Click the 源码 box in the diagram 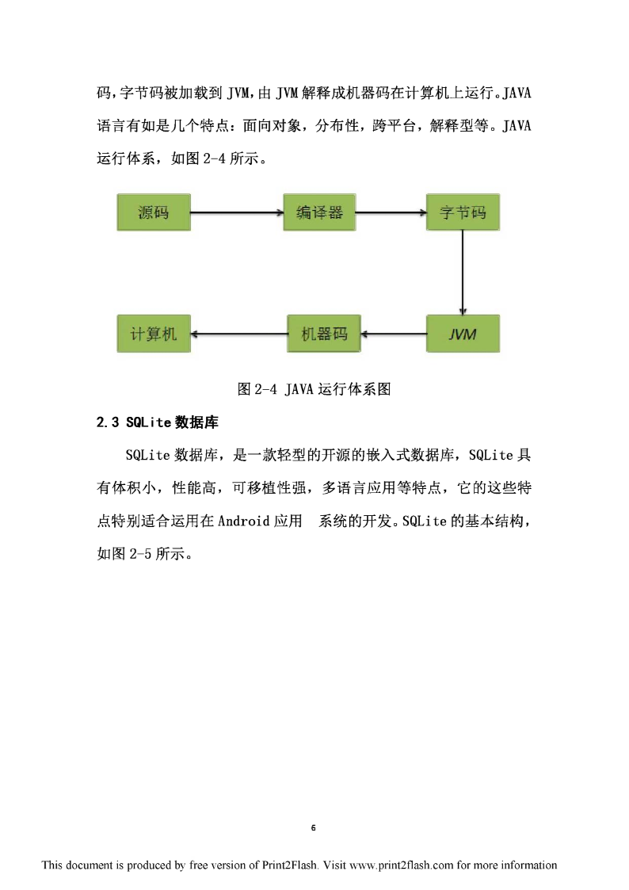coord(154,212)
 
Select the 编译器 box coord(319,212)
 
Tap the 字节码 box coord(463,212)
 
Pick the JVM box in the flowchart coord(463,334)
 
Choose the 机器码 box coord(324,334)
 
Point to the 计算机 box coord(154,334)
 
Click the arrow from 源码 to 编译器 coord(237,212)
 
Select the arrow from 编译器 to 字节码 coord(391,212)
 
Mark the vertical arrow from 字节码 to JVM coord(463,273)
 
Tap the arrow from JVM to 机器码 coord(394,334)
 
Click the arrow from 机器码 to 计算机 coord(238,334)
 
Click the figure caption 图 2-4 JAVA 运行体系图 coord(314,389)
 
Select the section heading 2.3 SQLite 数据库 coord(157,422)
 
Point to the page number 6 coord(313,827)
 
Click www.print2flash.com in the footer coord(402,865)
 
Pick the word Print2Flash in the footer coord(289,865)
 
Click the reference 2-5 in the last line coord(141,553)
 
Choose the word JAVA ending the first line coord(517,93)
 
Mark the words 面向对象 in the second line coord(272,125)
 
